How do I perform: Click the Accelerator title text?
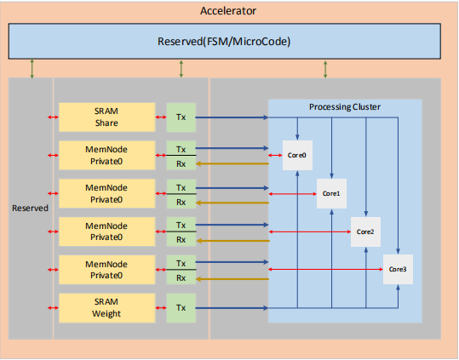tap(228, 11)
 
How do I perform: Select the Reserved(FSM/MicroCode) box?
tap(229, 41)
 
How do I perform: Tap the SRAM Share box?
tap(106, 116)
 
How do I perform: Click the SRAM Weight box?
tap(106, 307)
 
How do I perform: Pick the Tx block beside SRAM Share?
tap(181, 116)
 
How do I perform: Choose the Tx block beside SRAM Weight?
tap(181, 307)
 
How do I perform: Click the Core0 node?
tap(297, 156)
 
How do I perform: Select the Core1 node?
tap(330, 193)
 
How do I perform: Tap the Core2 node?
tap(364, 231)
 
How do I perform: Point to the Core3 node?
tap(398, 269)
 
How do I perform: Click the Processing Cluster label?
tap(344, 107)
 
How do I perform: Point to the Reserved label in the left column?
tap(30, 207)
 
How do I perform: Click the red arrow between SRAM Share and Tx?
tap(161, 116)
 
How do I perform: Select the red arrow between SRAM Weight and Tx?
tap(161, 307)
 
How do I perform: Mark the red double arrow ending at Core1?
tap(292, 194)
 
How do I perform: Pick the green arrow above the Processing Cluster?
tap(325, 69)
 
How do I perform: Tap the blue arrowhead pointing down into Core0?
tap(297, 135)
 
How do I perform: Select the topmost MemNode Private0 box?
tap(106, 154)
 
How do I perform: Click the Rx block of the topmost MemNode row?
tap(181, 164)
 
